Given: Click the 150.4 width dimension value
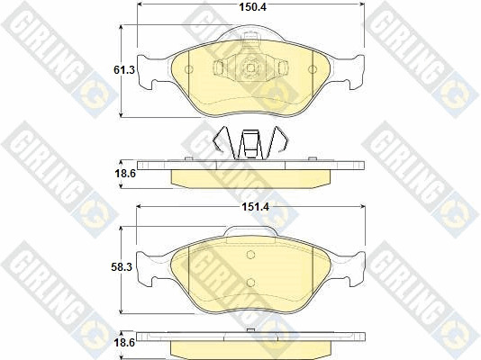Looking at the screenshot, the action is (x=253, y=6).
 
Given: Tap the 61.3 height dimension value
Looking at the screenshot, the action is (x=124, y=70).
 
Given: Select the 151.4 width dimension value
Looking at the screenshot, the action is (x=255, y=207).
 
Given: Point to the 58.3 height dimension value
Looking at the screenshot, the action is (x=122, y=267).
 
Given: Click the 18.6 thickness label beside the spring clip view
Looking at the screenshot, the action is (x=125, y=174).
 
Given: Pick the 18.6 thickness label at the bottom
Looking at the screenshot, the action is (x=125, y=343).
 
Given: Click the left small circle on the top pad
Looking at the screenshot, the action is (x=189, y=69).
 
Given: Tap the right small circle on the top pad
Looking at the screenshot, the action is (x=313, y=69).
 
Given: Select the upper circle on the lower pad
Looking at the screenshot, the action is (x=250, y=255).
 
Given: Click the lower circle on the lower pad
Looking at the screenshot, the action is (x=250, y=283).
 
